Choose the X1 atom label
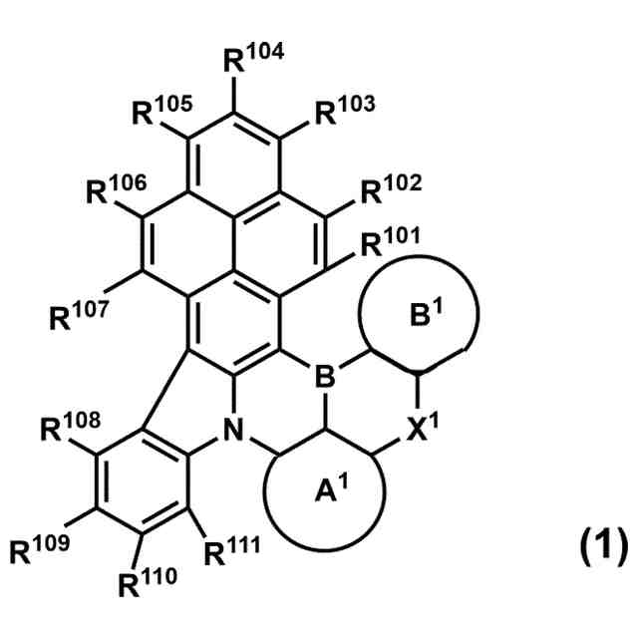point(421,432)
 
